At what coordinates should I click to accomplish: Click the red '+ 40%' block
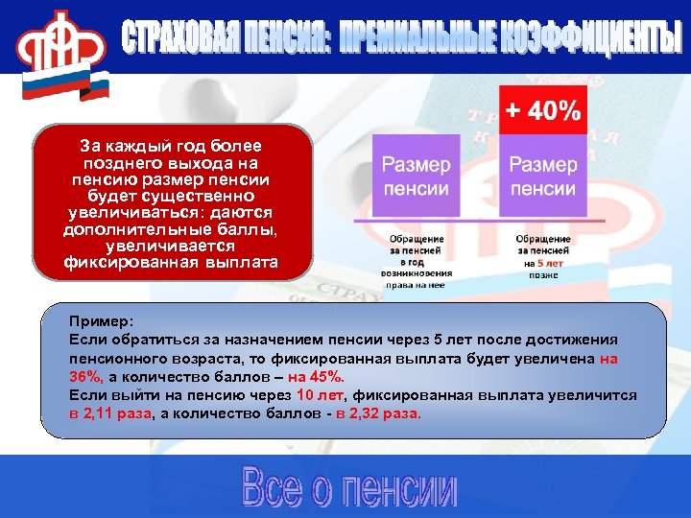pyautogui.click(x=543, y=110)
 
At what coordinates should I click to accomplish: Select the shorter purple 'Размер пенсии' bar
pyautogui.click(x=417, y=177)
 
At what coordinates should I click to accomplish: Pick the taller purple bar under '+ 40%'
pyautogui.click(x=543, y=177)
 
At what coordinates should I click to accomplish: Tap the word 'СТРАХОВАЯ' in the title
pyautogui.click(x=178, y=38)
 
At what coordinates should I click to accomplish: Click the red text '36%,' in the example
pyautogui.click(x=87, y=376)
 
